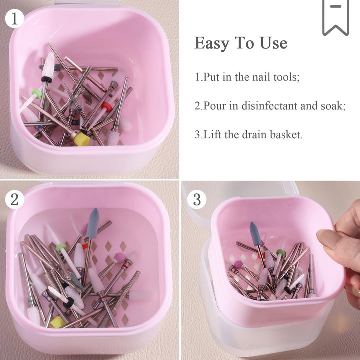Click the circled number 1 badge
click(14, 19)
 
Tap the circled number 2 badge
click(14, 199)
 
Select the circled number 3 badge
click(197, 199)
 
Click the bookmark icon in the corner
click(335, 17)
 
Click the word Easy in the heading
click(211, 43)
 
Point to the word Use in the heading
click(273, 43)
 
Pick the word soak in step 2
click(334, 106)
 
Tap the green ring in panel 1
click(37, 93)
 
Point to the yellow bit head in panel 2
click(57, 322)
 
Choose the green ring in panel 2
click(61, 247)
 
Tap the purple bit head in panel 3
click(239, 264)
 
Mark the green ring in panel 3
click(281, 253)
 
